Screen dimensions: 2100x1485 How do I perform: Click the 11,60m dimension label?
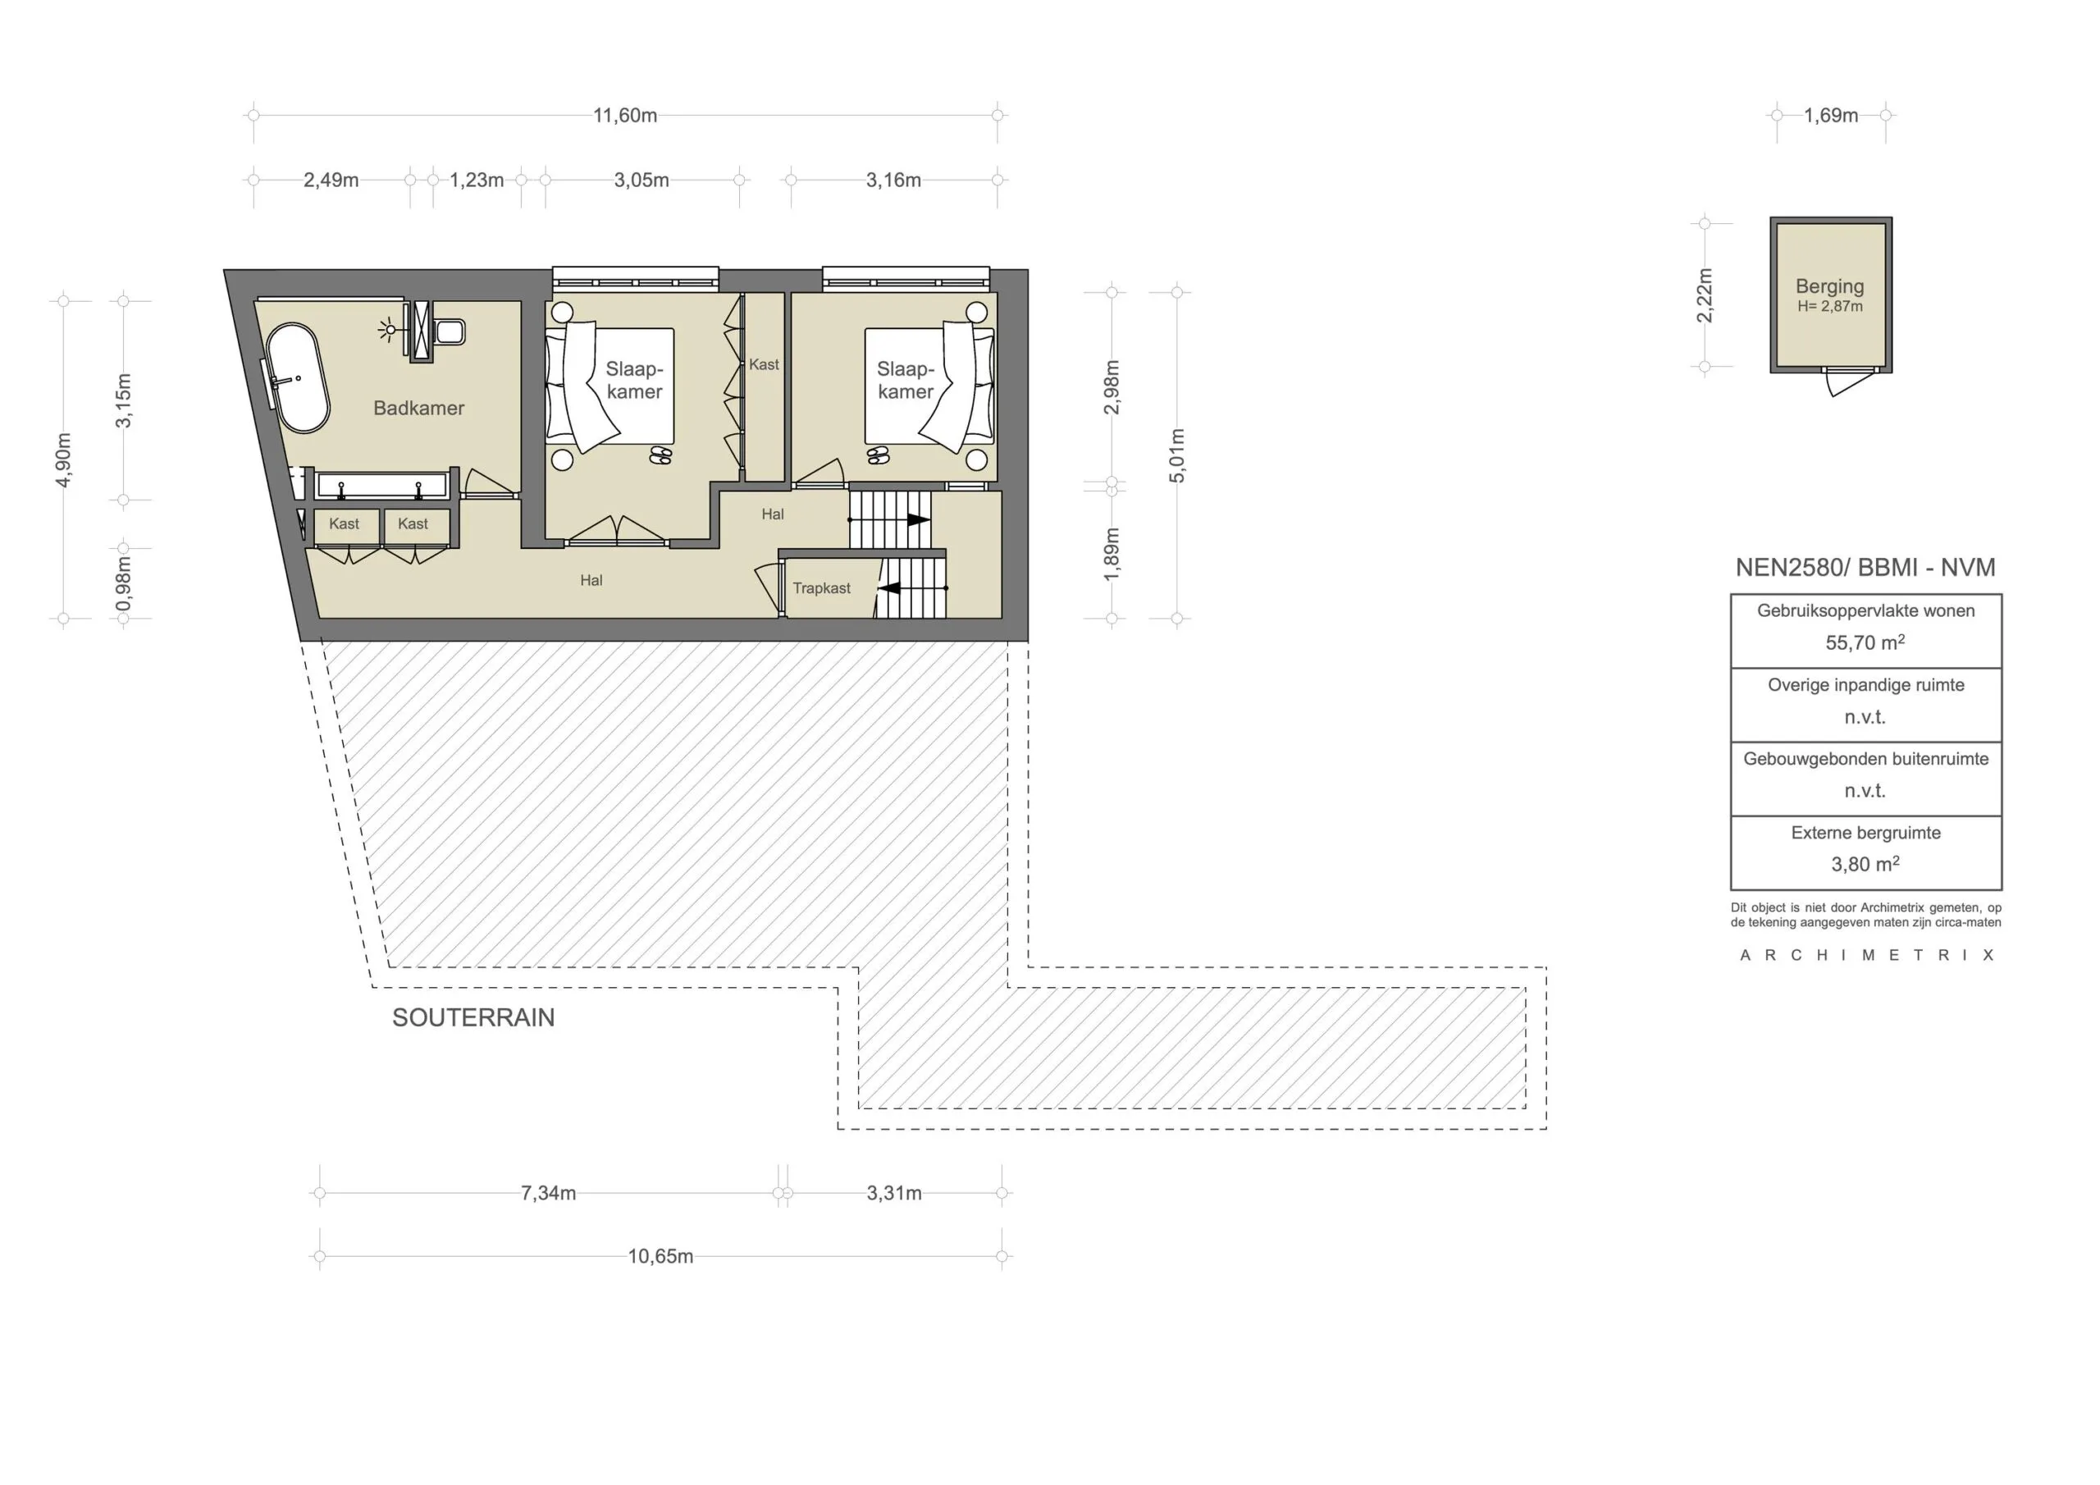[625, 116]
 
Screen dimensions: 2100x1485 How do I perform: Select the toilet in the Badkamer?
[450, 331]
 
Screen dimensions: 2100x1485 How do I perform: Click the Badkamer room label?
[419, 408]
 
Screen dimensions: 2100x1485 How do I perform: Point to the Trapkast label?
[821, 588]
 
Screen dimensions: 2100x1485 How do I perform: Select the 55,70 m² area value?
[1865, 642]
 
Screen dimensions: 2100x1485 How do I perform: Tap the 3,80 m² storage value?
[1865, 864]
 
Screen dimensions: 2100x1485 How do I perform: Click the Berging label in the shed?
[1829, 286]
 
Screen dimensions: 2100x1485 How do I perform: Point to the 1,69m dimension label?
[1831, 116]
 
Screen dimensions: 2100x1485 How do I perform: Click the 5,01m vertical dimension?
[1177, 455]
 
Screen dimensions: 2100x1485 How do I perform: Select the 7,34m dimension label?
[549, 1193]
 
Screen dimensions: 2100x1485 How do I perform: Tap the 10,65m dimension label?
[660, 1256]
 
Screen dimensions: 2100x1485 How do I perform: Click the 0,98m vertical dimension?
[124, 583]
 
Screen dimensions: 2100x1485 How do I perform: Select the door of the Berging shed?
[1845, 383]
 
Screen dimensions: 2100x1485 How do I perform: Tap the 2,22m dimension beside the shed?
[1704, 295]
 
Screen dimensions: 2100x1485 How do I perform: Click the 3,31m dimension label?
[894, 1193]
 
